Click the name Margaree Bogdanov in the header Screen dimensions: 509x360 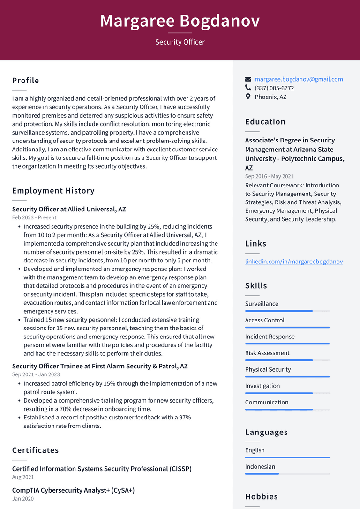click(180, 21)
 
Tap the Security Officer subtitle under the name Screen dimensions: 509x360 click(180, 42)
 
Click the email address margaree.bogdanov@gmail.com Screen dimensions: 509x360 click(299, 79)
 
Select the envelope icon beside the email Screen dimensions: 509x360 click(248, 79)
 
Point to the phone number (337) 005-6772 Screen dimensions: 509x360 click(274, 88)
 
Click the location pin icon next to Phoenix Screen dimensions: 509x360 click(248, 97)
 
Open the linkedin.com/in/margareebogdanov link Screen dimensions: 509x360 click(293, 262)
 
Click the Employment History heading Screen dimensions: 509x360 click(53, 191)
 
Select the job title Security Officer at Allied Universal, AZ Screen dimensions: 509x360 click(69, 209)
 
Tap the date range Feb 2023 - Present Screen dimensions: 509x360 click(34, 217)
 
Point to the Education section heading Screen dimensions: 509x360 click(265, 122)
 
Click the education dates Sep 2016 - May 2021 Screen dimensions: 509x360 click(269, 176)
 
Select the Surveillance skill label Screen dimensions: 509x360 click(262, 304)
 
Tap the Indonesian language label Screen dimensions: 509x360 click(260, 467)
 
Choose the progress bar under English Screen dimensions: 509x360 click(287, 457)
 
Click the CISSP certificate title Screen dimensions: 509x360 click(102, 469)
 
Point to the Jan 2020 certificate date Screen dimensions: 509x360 click(23, 499)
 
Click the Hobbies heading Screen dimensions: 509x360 click(261, 497)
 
